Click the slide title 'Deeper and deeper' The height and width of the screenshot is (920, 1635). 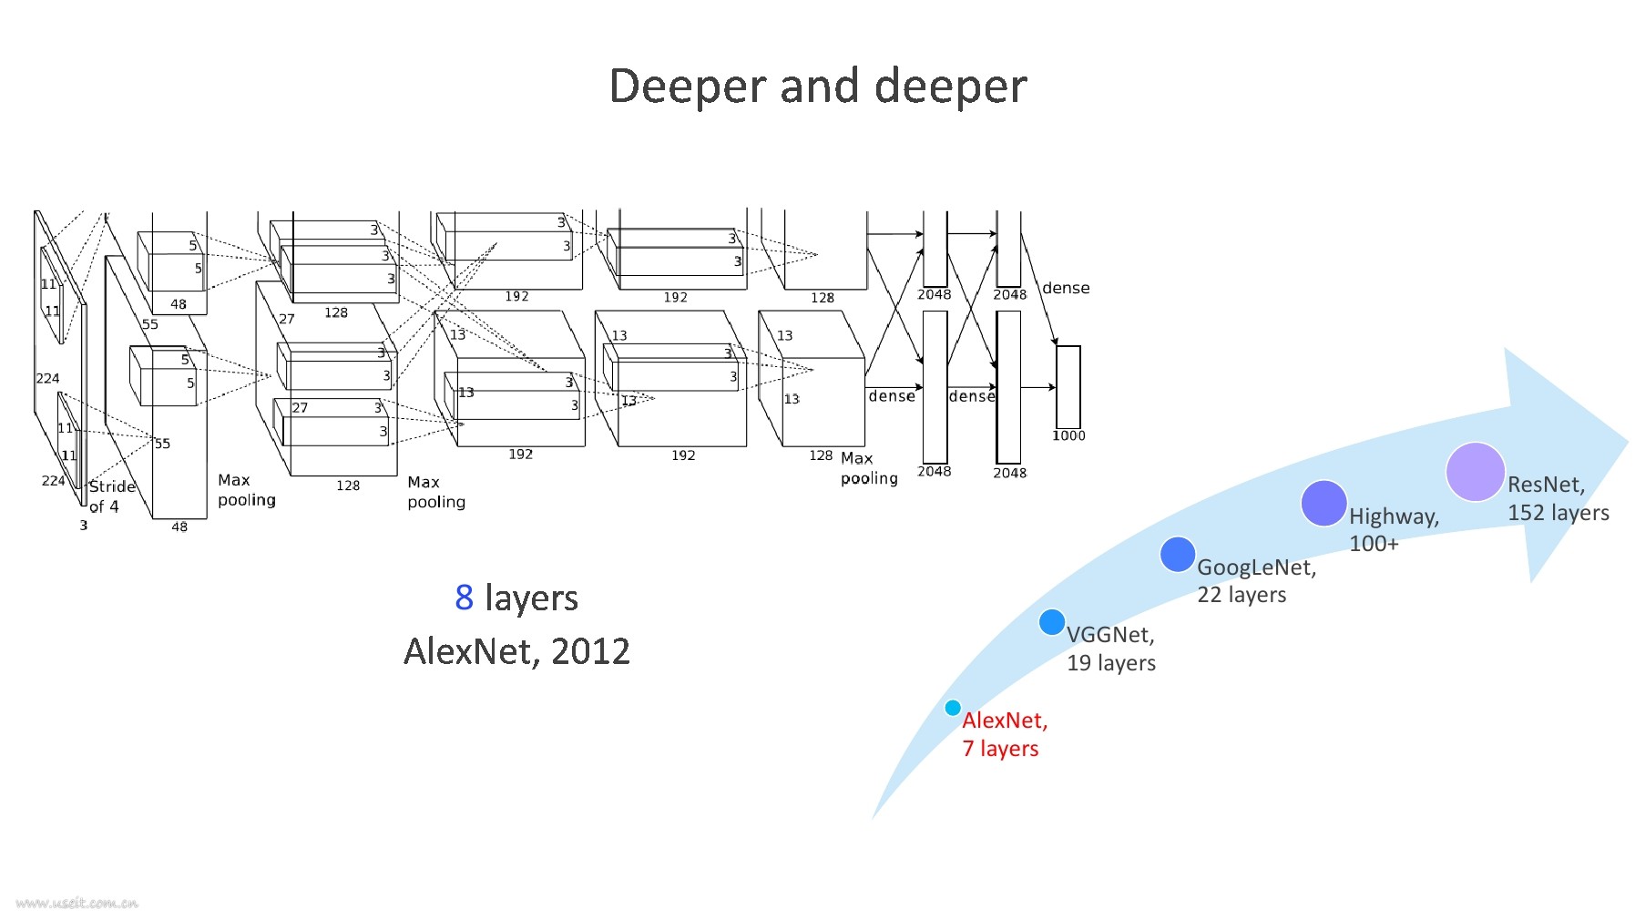[817, 87]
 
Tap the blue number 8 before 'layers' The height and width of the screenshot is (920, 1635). [464, 598]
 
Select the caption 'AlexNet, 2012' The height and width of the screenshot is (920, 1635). [516, 651]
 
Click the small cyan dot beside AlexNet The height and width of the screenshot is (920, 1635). [953, 708]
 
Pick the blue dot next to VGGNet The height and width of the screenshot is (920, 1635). [1052, 622]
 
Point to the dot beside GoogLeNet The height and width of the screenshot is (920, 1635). [1178, 554]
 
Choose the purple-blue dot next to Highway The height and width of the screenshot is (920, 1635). [1323, 503]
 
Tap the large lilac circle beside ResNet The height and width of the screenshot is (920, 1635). [1475, 472]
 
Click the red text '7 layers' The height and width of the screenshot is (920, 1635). [1000, 749]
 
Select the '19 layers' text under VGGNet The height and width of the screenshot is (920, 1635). [1111, 663]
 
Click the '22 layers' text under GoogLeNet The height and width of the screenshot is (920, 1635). [1242, 595]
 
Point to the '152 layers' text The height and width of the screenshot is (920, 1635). [1558, 513]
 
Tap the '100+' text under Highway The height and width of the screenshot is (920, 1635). [1374, 544]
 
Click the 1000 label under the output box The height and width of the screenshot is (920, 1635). [1068, 435]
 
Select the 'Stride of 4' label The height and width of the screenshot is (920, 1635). [110, 496]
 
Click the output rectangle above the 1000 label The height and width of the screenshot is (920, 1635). [1068, 386]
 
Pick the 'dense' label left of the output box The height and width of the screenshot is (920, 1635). [1066, 288]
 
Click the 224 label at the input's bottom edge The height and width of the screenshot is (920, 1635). [53, 480]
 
